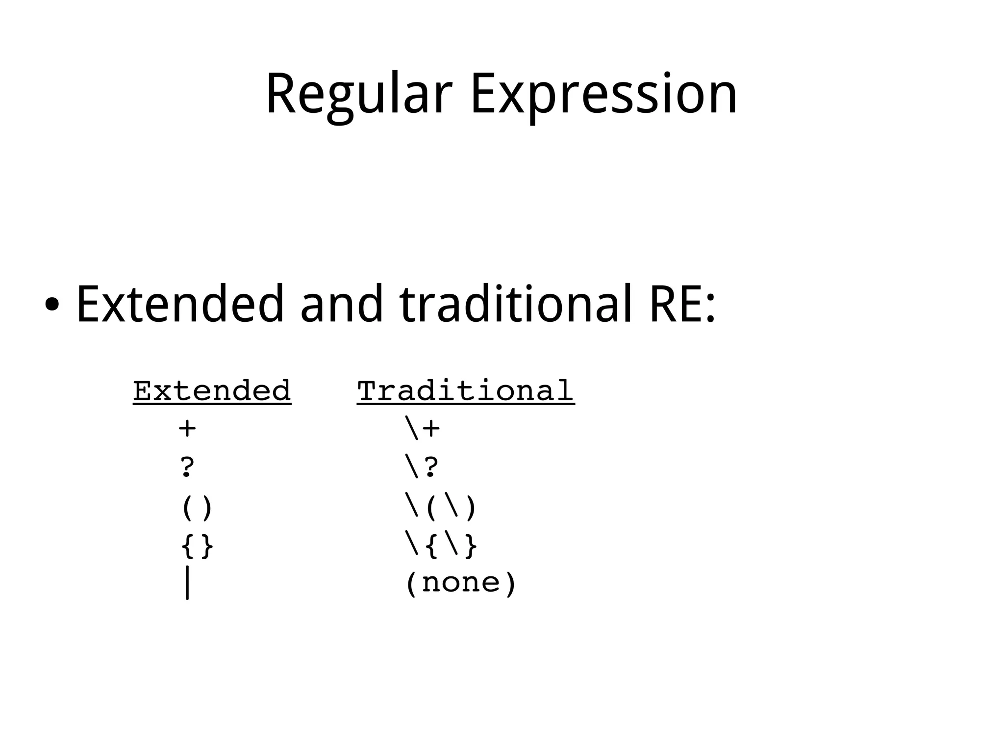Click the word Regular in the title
pyautogui.click(x=358, y=95)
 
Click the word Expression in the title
pyautogui.click(x=603, y=95)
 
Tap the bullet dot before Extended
pyautogui.click(x=51, y=305)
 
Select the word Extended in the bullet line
pyautogui.click(x=180, y=305)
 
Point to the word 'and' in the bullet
pyautogui.click(x=341, y=305)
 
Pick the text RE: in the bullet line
pyautogui.click(x=682, y=305)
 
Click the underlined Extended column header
pyautogui.click(x=212, y=391)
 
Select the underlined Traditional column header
pyautogui.click(x=466, y=391)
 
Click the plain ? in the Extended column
pyautogui.click(x=187, y=467)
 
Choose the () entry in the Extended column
pyautogui.click(x=197, y=507)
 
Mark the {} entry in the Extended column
pyautogui.click(x=197, y=545)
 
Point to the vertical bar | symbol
pyautogui.click(x=187, y=583)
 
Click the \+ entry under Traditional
pyautogui.click(x=423, y=428)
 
